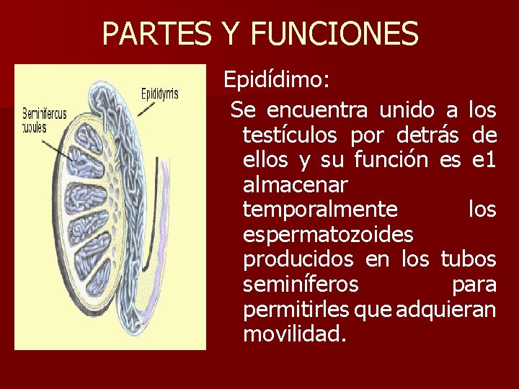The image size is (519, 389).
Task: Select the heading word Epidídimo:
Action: pyautogui.click(x=277, y=80)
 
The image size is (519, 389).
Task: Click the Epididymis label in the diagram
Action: pyautogui.click(x=159, y=94)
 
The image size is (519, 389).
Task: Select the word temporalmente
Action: pyautogui.click(x=320, y=210)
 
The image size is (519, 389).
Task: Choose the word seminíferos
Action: pyautogui.click(x=301, y=285)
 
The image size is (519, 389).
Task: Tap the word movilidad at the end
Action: pyautogui.click(x=292, y=335)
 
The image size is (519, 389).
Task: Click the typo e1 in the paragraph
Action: pyautogui.click(x=484, y=159)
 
